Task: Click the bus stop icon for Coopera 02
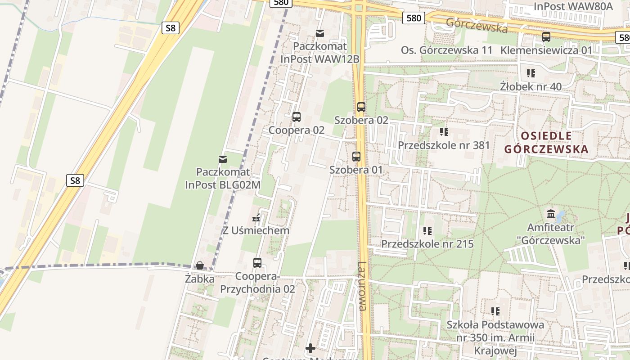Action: tap(296, 117)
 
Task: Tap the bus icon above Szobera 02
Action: tap(361, 107)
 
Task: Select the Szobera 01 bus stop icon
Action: tap(356, 157)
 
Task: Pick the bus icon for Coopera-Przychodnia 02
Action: tap(257, 263)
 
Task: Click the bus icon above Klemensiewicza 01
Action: tap(546, 37)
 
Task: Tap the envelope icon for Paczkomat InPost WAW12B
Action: tap(320, 33)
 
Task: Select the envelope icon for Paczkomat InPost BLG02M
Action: tap(223, 159)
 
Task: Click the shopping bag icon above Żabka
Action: tap(200, 266)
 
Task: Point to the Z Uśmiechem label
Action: tap(256, 230)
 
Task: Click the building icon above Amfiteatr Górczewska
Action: tap(550, 213)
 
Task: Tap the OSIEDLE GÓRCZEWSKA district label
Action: tap(546, 142)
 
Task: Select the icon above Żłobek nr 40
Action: tap(531, 73)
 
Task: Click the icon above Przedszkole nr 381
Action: tap(444, 132)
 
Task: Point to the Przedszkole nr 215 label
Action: tap(427, 244)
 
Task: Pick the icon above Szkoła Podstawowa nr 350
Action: tap(495, 311)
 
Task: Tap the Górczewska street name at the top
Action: tap(477, 25)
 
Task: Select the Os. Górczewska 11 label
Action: tap(447, 50)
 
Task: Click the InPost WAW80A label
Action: tap(573, 6)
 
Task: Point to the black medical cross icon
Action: tap(310, 348)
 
